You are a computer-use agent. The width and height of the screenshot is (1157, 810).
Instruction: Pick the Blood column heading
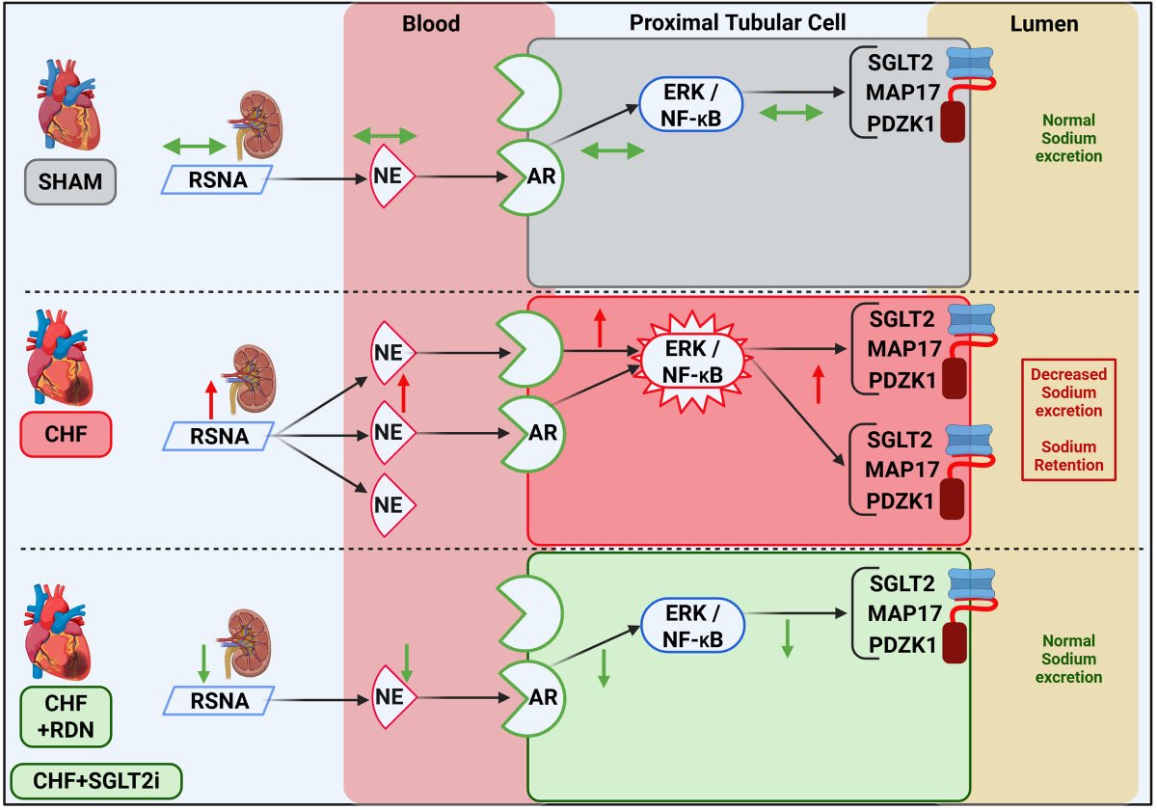[431, 24]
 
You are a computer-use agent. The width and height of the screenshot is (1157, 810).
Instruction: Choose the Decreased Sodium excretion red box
[1067, 421]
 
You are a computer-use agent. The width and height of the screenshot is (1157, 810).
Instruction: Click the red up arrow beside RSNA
[211, 398]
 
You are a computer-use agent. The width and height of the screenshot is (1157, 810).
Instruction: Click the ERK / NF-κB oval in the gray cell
[691, 104]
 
